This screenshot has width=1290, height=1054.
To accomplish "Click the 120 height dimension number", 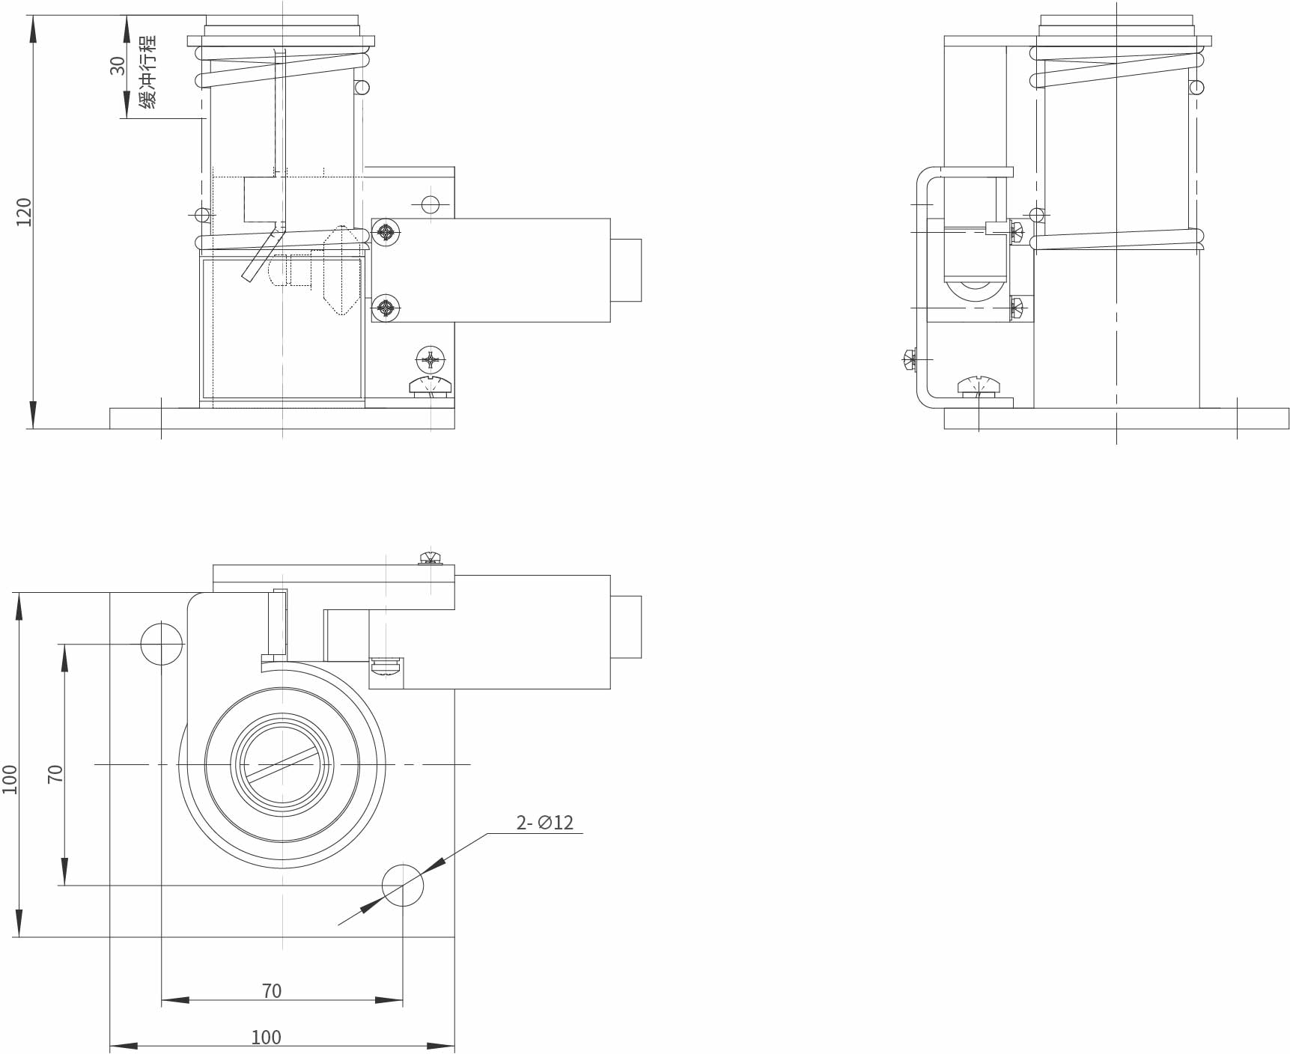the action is point(24,212).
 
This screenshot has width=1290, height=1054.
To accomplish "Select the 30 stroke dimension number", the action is point(118,66).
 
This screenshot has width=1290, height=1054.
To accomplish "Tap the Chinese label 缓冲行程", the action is point(148,72).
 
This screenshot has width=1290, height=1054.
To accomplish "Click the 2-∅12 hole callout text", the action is point(544,823).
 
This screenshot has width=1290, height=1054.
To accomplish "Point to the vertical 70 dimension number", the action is point(55,773).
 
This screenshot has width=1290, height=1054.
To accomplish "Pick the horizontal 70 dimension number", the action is point(272,991).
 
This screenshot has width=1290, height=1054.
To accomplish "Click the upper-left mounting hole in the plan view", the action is point(161,644).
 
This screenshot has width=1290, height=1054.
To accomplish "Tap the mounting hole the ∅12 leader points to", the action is point(403,886).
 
